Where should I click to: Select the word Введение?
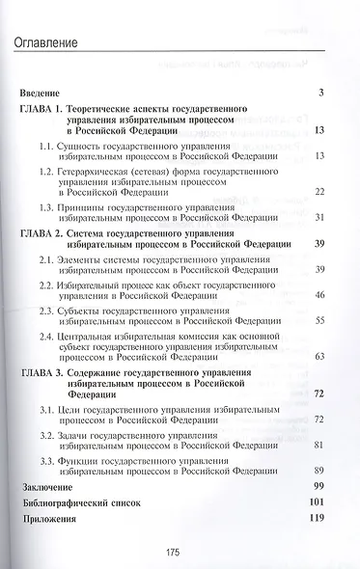click(44, 92)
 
